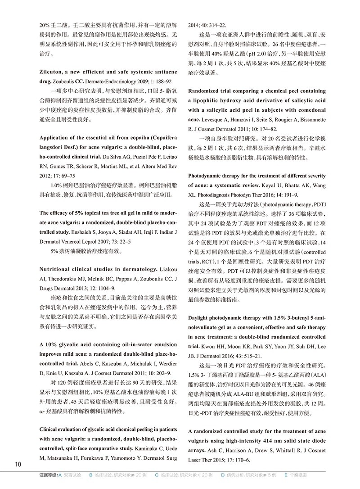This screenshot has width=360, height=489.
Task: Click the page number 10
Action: coord(18,464)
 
